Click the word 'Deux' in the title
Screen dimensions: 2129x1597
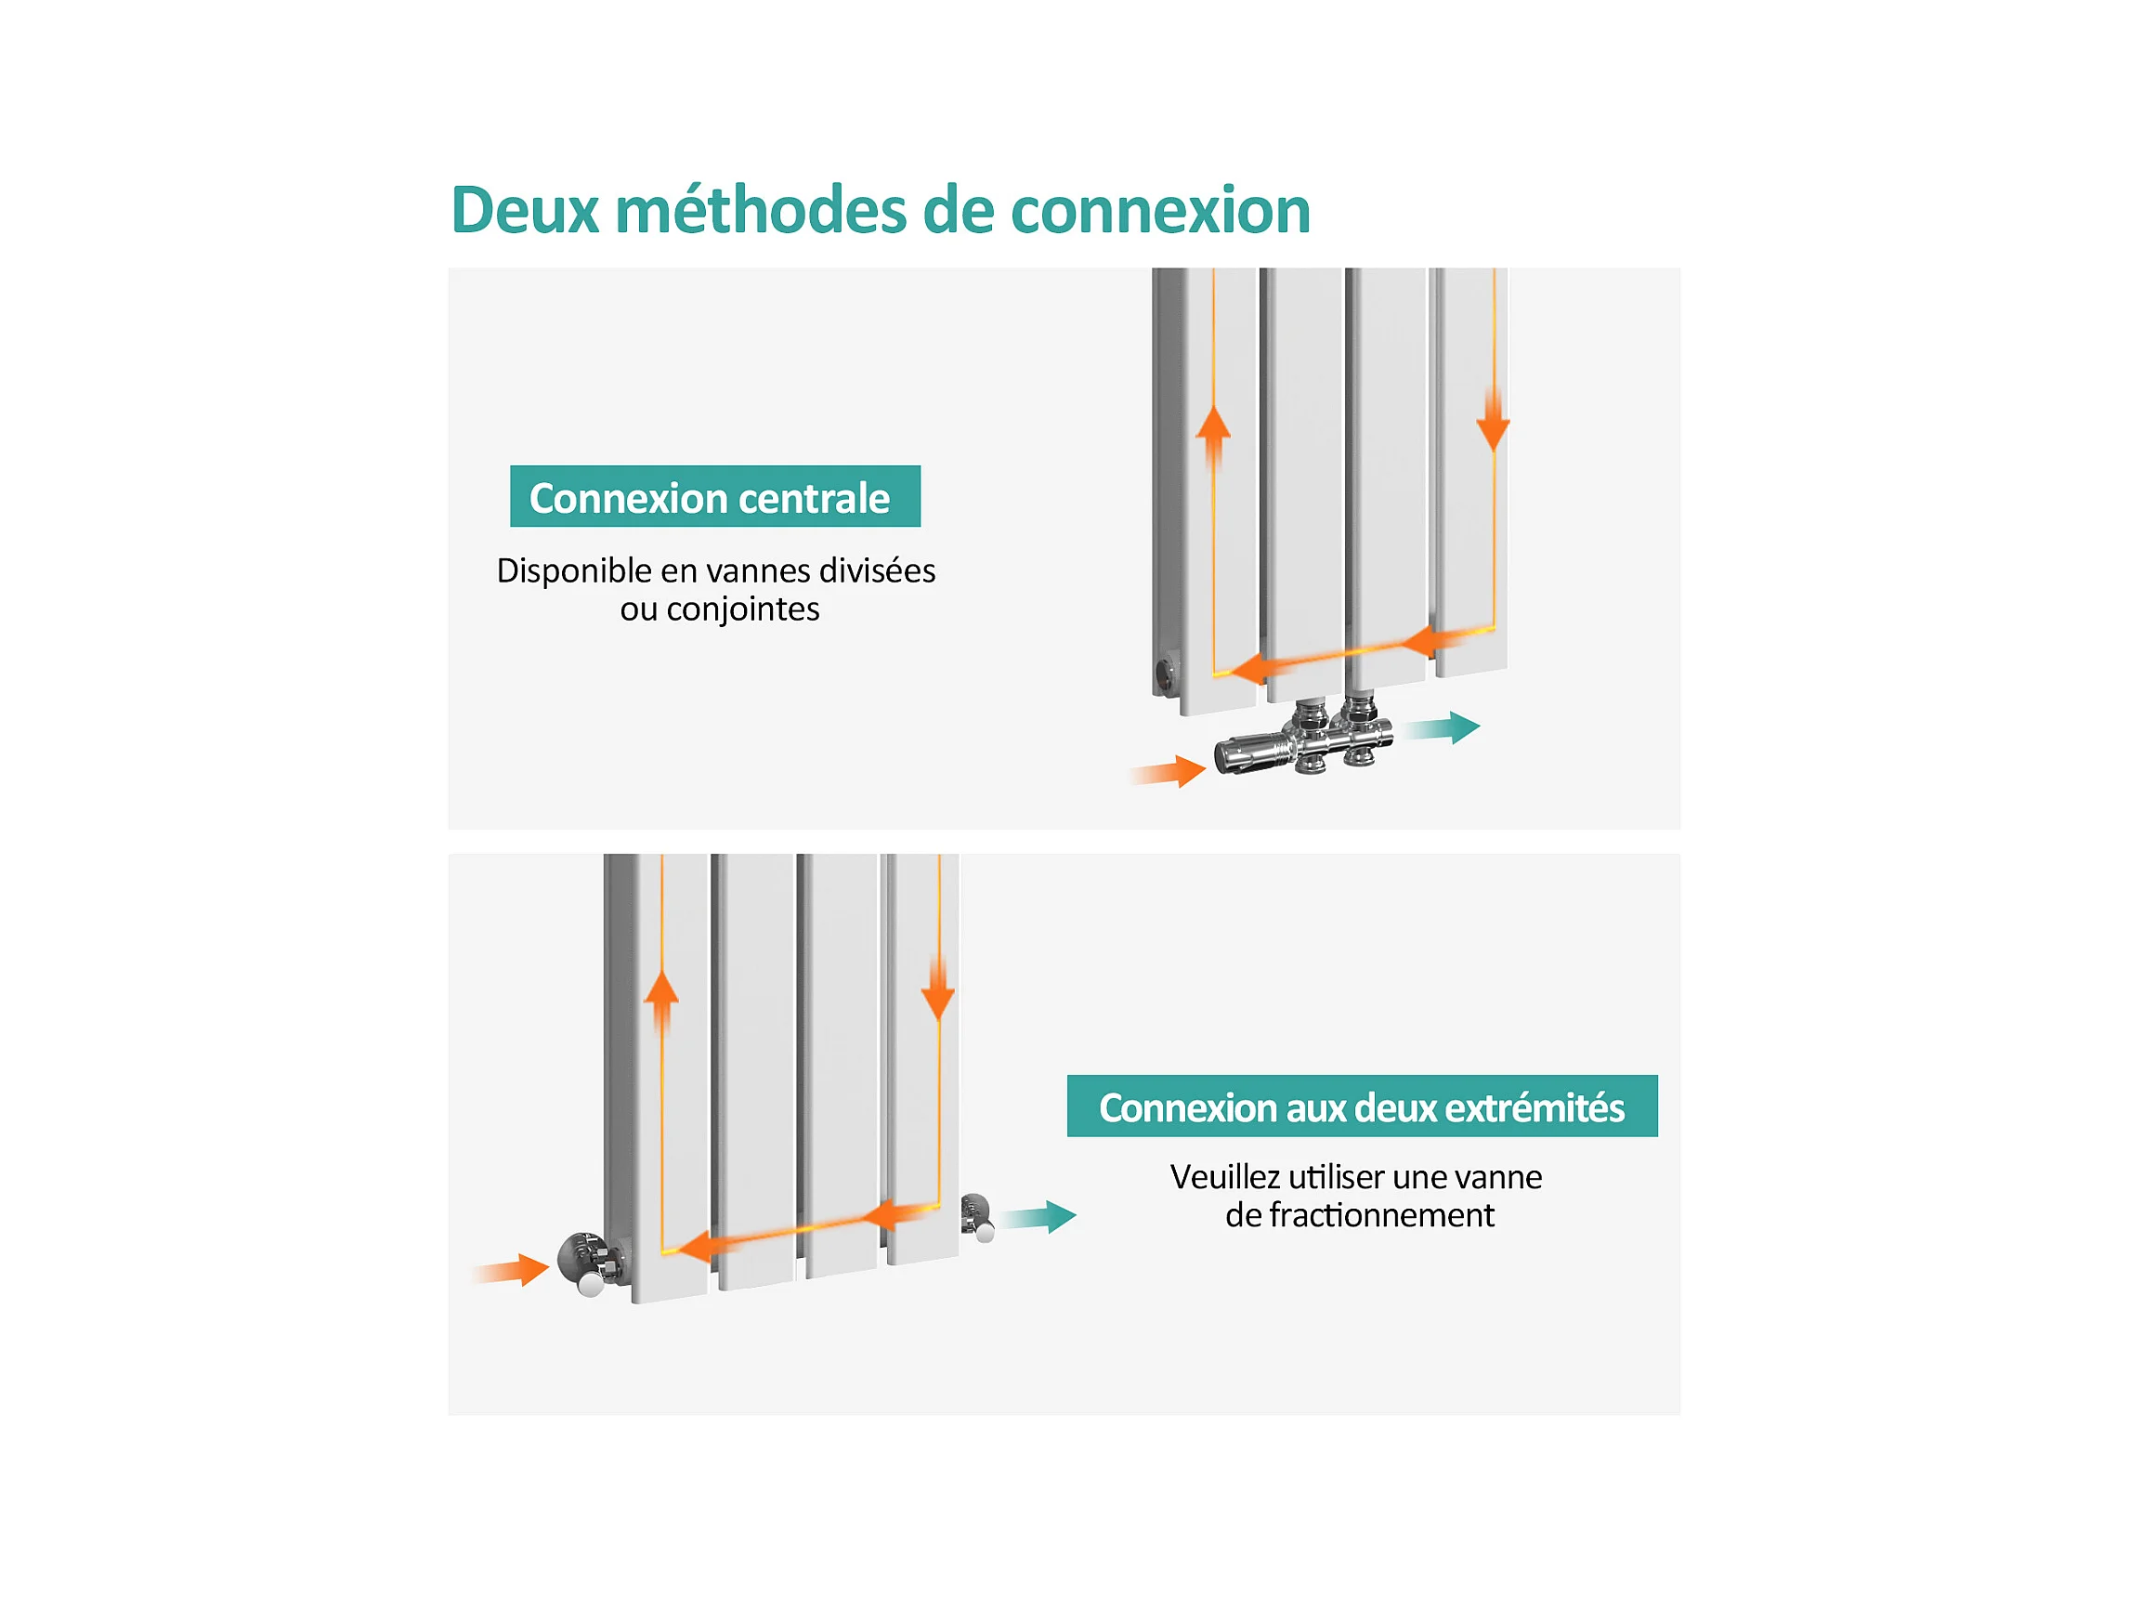click(526, 210)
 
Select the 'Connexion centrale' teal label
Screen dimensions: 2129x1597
click(715, 497)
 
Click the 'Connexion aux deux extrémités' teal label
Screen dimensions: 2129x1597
click(1362, 1106)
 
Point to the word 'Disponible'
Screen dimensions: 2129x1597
click(575, 570)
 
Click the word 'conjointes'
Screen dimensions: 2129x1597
click(742, 609)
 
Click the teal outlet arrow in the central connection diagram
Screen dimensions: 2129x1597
click(1441, 727)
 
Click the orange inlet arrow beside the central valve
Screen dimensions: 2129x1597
click(1168, 771)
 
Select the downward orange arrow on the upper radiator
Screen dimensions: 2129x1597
click(1493, 421)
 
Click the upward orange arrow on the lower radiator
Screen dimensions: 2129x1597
click(661, 1002)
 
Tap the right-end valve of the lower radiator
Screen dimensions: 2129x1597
click(978, 1217)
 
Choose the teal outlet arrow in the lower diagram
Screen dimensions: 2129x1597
click(1038, 1217)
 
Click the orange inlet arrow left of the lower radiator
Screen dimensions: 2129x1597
click(511, 1271)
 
